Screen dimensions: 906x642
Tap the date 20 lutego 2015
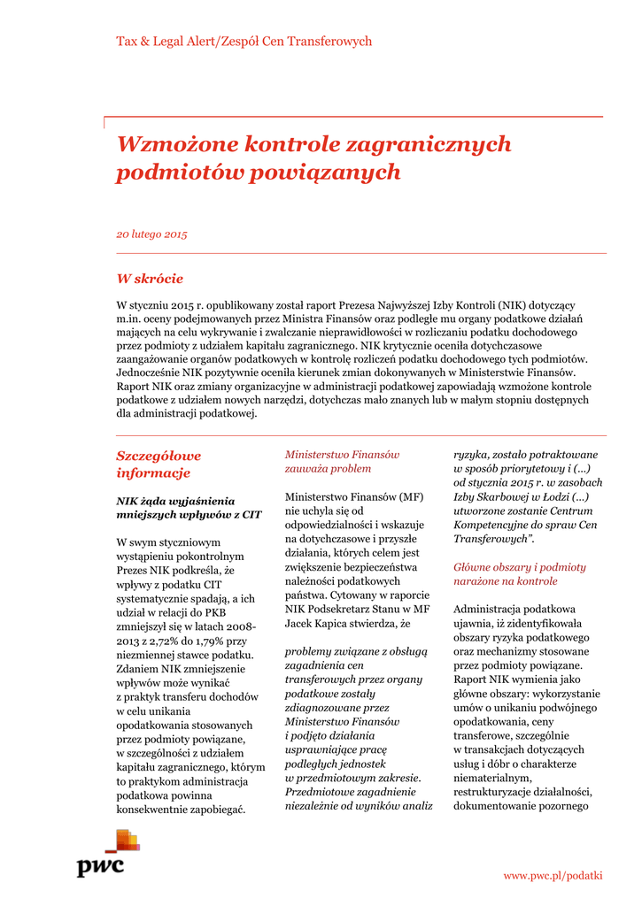[152, 234]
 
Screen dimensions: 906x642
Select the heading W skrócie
[151, 278]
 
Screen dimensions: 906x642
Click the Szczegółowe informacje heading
[159, 464]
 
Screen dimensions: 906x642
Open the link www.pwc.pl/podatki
[553, 875]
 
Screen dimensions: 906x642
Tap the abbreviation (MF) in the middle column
[412, 496]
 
